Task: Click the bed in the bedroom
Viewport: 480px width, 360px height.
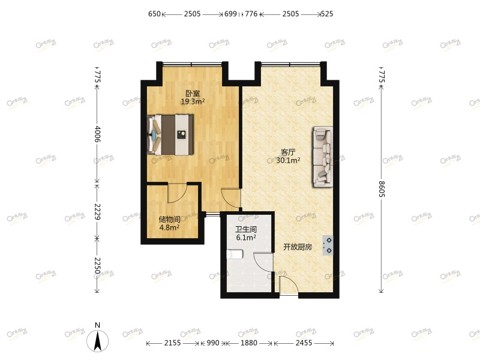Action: [x=171, y=135]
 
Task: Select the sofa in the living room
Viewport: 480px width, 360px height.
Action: [x=322, y=156]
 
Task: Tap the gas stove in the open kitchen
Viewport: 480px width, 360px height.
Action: [x=328, y=245]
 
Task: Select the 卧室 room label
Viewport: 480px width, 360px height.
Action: [x=193, y=94]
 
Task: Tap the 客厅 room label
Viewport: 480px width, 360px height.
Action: [x=288, y=152]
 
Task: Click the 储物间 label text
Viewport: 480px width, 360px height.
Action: [x=169, y=220]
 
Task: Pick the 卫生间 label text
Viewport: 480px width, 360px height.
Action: [x=245, y=229]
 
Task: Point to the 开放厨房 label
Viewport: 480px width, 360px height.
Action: [x=298, y=247]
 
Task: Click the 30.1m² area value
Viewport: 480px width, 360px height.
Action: [x=288, y=160]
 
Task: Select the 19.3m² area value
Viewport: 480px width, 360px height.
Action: [x=193, y=102]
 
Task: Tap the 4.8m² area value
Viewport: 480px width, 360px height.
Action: [x=169, y=227]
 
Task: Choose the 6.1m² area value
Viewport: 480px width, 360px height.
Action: [x=245, y=238]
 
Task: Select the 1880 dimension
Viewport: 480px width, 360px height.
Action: [x=248, y=343]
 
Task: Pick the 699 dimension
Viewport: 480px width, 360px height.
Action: [x=231, y=13]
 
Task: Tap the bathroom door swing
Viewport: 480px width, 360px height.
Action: [x=263, y=262]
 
